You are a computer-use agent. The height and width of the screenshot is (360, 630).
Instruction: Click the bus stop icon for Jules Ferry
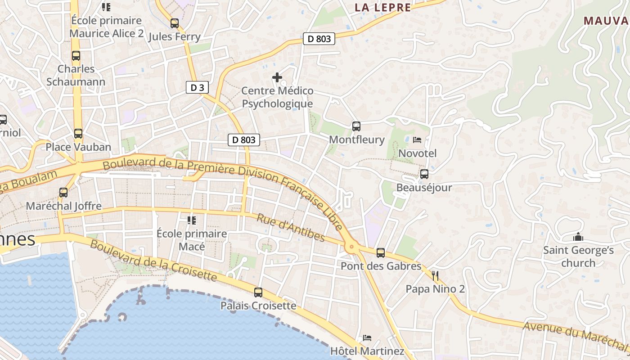click(175, 23)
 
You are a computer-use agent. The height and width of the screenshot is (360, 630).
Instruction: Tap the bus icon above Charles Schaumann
click(76, 56)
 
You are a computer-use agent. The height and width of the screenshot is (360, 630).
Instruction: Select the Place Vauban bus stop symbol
click(78, 134)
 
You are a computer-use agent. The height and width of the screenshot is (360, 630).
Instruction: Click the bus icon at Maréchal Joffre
click(63, 193)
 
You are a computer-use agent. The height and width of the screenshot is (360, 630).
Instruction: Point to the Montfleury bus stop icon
click(356, 126)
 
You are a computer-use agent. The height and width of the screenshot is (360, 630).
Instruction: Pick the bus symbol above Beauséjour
click(424, 174)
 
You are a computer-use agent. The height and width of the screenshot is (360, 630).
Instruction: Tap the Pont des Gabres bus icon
click(381, 253)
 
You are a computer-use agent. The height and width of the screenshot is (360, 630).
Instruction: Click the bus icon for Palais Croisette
click(258, 292)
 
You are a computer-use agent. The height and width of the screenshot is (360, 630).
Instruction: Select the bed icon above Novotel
click(417, 140)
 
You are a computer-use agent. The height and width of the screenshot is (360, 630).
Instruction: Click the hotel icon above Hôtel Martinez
click(367, 338)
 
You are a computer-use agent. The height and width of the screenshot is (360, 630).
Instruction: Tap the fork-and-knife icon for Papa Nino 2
click(435, 275)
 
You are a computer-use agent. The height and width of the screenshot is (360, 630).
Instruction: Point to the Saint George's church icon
click(578, 237)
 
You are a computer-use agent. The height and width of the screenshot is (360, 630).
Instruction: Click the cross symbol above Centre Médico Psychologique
click(277, 77)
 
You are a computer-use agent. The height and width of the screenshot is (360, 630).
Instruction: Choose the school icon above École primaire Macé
click(192, 220)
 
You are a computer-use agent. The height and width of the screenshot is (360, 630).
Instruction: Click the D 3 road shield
click(197, 88)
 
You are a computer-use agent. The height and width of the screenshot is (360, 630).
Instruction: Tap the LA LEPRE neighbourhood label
click(382, 7)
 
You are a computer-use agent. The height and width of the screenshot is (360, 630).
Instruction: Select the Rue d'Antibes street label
click(291, 228)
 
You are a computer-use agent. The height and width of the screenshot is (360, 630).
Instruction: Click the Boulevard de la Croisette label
click(153, 261)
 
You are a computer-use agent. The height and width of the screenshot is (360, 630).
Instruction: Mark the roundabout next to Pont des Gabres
click(351, 247)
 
